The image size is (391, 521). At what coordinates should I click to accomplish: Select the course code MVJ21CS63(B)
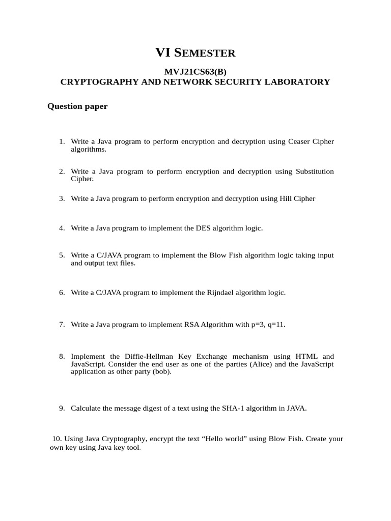[195, 72]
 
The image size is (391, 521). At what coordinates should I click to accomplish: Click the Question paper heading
[77, 106]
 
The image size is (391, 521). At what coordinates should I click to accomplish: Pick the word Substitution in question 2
[315, 171]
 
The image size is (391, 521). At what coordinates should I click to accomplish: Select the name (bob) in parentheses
[161, 371]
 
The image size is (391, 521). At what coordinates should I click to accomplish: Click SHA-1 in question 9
[234, 408]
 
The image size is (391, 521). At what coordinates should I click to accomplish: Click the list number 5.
[62, 255]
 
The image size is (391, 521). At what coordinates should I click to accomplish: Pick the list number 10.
[57, 439]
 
